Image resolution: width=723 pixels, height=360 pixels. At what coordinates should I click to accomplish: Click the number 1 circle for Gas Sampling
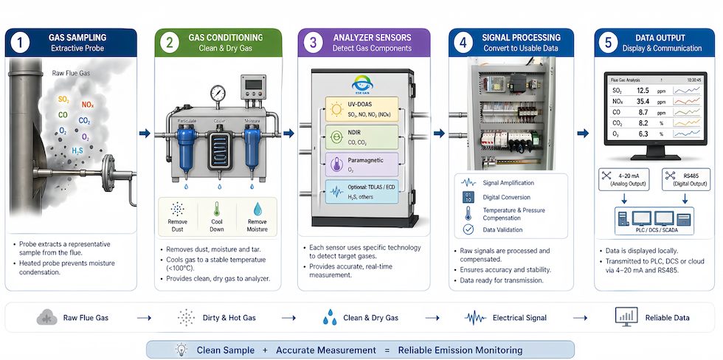[21, 44]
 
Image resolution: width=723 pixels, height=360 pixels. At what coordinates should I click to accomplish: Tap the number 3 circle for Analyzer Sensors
[313, 44]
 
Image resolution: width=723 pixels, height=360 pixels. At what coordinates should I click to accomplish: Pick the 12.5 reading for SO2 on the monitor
[642, 90]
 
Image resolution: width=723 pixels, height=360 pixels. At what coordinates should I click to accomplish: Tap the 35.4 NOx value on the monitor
[642, 101]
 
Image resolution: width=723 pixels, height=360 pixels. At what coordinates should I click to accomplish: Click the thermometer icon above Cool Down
[217, 209]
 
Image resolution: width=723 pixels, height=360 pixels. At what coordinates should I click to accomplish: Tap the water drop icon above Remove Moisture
[256, 209]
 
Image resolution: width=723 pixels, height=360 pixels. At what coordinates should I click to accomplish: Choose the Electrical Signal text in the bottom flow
[521, 318]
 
